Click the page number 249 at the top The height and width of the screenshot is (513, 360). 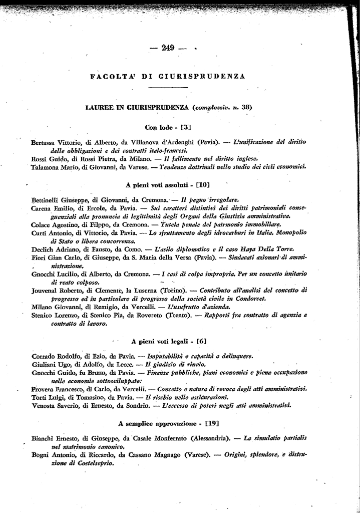pos(167,48)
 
